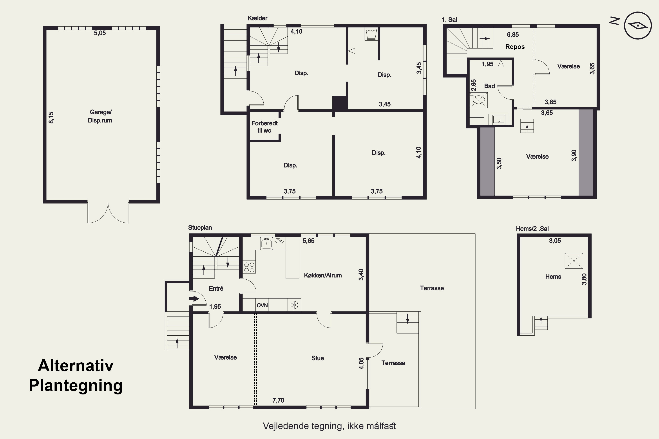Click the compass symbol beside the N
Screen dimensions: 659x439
click(x=638, y=25)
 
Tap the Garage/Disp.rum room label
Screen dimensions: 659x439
click(x=100, y=116)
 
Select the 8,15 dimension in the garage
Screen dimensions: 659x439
click(x=51, y=118)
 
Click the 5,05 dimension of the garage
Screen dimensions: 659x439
click(x=100, y=33)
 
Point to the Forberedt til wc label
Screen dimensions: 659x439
click(x=264, y=127)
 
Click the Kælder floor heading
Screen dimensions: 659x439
click(x=257, y=18)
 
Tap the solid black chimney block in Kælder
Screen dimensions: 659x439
click(x=340, y=103)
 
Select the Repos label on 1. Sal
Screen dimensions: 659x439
click(x=515, y=47)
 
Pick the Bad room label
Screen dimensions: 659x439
click(x=489, y=86)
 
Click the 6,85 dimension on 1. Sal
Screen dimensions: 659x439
click(x=513, y=35)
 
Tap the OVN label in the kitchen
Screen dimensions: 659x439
click(x=262, y=305)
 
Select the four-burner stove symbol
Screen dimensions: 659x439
click(x=249, y=267)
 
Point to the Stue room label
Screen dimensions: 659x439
click(x=317, y=358)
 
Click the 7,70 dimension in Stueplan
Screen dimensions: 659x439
click(x=278, y=400)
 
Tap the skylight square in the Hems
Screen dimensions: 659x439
click(x=574, y=261)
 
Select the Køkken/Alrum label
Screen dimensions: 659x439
click(x=323, y=275)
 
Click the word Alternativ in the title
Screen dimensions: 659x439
click(x=76, y=365)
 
